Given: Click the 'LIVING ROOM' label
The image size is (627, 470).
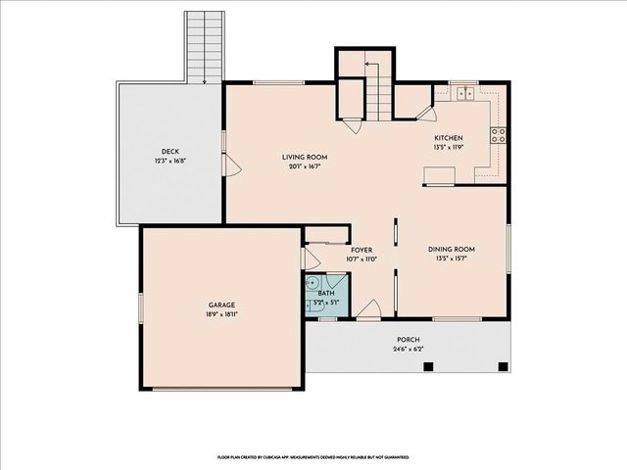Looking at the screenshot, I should pos(305,157).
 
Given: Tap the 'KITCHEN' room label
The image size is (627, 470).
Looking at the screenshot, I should pos(448,138).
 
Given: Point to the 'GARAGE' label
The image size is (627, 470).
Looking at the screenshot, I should pos(220,305).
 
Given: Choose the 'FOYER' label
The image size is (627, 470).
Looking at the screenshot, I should pos(362,251).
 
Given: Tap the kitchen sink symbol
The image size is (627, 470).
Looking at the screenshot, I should pos(464,95).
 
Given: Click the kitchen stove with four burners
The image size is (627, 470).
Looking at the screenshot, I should pos(499,135).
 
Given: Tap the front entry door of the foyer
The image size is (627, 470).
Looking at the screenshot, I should pos(368,312).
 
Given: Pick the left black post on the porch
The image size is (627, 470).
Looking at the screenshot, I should pos(428,367).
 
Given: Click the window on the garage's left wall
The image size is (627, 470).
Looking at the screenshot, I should pos(140,306).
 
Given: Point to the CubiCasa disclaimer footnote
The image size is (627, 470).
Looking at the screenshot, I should pos(313,456).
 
